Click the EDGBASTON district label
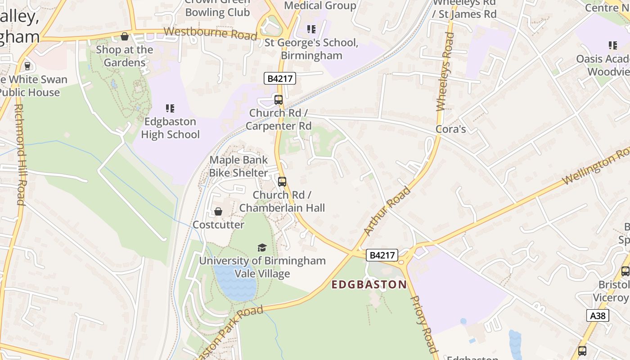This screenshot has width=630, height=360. click(x=369, y=284)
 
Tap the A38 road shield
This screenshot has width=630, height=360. click(x=598, y=315)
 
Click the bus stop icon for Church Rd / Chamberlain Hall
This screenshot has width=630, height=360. click(x=282, y=182)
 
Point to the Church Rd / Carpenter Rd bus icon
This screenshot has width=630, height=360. click(x=279, y=100)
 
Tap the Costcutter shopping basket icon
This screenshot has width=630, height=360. click(x=218, y=211)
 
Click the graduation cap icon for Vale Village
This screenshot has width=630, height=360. click(x=262, y=247)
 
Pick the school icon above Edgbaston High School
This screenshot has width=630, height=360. click(x=170, y=108)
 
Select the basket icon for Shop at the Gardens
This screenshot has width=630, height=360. click(x=125, y=36)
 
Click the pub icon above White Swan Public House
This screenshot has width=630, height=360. click(x=27, y=66)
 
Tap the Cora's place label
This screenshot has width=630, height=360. click(x=450, y=129)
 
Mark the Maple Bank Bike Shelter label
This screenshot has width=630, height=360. click(x=238, y=166)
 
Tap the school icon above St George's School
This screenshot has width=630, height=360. click(x=311, y=30)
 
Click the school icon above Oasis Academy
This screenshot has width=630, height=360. click(x=612, y=45)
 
